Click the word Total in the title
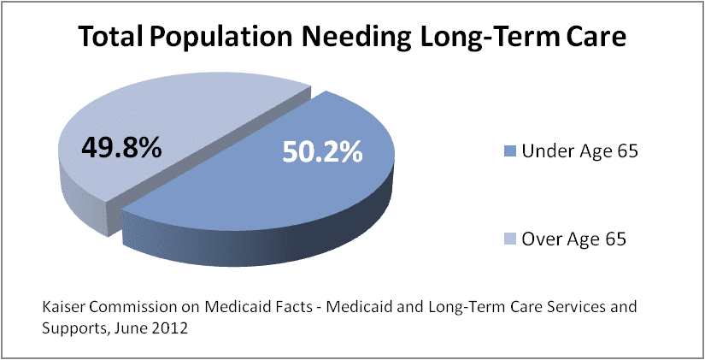109,38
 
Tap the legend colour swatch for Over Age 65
510,239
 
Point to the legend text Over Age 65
575,239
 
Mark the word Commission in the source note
125,305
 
